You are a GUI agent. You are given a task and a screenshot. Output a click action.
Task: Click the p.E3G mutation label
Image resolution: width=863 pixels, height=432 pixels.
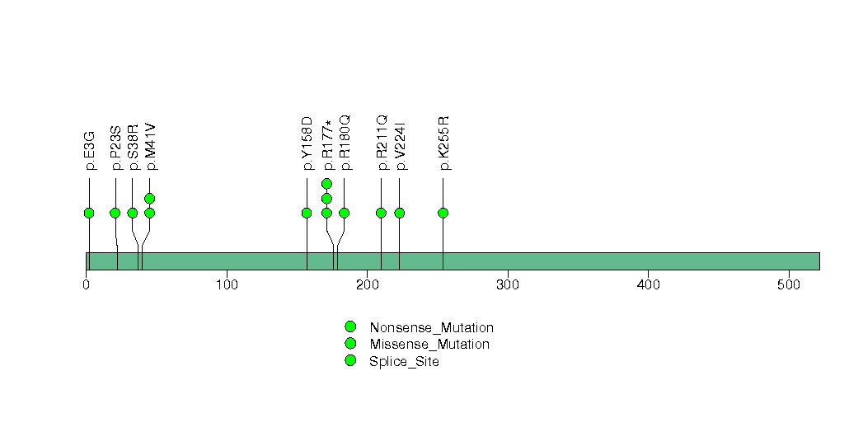pos(90,150)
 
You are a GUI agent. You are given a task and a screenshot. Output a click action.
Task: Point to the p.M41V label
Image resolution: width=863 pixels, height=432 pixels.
pos(150,147)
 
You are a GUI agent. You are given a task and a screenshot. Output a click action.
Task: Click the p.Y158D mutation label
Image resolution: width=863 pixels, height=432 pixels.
pos(307,143)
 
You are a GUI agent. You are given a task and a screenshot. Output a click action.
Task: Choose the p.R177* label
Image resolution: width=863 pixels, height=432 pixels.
pos(327,145)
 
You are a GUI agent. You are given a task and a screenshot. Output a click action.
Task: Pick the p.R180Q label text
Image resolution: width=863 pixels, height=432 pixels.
pos(345,143)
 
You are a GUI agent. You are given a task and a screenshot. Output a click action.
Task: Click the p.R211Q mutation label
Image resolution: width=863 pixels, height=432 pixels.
pos(382,143)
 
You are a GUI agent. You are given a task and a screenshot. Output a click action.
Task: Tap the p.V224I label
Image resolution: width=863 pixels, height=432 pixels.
pos(400,146)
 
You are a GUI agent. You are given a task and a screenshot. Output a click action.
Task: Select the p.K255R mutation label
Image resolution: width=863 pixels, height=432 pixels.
pos(443,143)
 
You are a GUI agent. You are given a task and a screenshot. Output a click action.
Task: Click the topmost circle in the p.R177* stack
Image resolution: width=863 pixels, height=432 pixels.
pos(327,183)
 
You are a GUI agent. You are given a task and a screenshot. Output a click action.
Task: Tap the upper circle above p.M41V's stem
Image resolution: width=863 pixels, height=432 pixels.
pos(150,198)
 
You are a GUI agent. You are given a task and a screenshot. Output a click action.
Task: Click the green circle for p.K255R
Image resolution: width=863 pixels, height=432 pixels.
pos(443,213)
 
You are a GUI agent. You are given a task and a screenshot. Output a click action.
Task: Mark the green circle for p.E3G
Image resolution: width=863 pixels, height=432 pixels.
pos(89,213)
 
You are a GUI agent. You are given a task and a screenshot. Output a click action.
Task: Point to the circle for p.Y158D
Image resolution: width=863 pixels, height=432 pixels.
pos(307,213)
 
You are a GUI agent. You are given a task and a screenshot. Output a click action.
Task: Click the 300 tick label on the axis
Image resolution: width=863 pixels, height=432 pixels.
pos(508,285)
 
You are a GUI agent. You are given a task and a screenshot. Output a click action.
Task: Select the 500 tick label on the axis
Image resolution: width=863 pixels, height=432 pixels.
pos(789,285)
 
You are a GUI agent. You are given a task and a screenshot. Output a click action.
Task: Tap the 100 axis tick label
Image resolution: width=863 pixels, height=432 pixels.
pos(227,285)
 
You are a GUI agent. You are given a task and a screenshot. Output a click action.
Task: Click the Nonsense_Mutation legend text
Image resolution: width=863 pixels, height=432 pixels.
pos(432,327)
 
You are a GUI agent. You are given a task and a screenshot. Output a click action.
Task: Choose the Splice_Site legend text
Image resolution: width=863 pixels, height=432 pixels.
pos(405,362)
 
